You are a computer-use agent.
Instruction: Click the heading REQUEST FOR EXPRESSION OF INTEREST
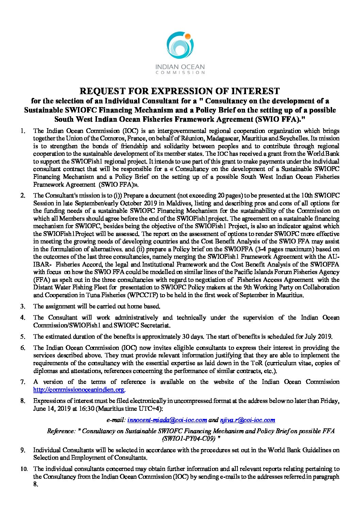pos(180,91)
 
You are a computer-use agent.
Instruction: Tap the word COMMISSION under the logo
pos(180,72)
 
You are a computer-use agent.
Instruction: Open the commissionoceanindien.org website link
pos(79,390)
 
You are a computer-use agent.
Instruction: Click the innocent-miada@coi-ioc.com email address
pos(167,420)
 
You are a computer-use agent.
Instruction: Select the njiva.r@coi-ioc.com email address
pos(248,420)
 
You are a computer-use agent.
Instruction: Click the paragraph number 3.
pos(23,306)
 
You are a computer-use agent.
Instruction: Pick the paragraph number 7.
pos(23,382)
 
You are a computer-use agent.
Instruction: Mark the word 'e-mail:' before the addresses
pos(116,420)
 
